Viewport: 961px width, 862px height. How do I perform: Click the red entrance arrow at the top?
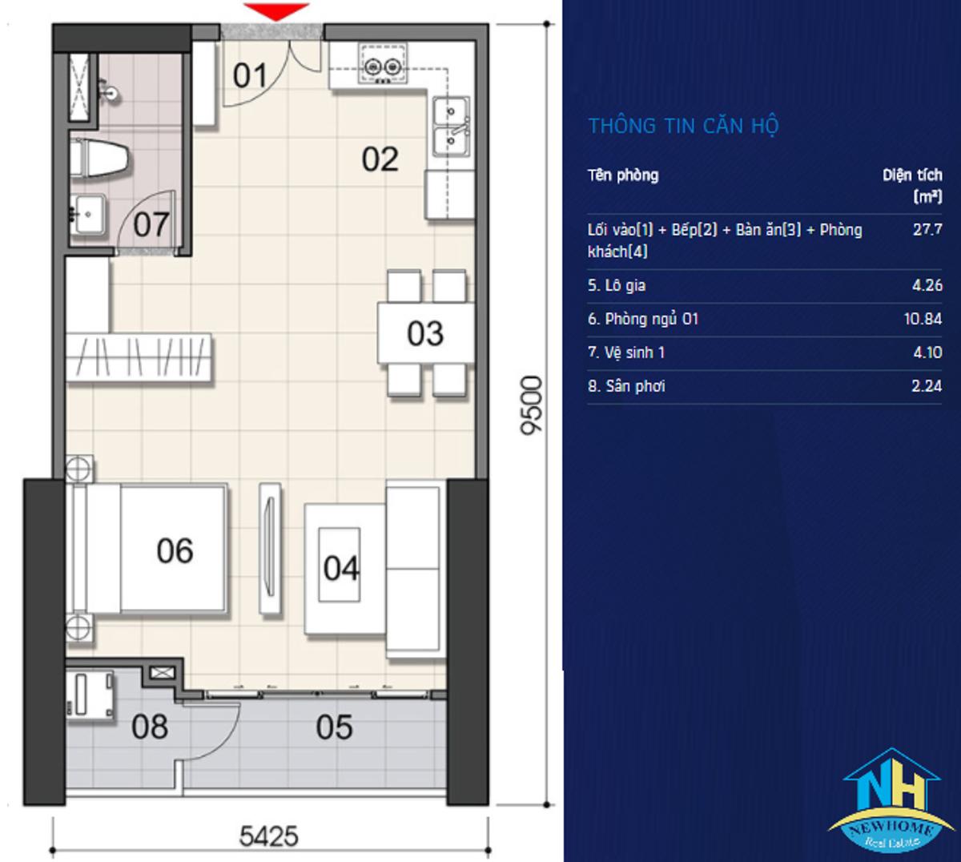(x=276, y=11)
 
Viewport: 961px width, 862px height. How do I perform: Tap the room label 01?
(x=250, y=75)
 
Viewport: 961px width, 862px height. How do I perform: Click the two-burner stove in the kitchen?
(x=383, y=65)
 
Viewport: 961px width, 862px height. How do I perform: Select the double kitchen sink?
(x=452, y=127)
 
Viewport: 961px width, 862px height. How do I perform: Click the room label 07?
(x=151, y=224)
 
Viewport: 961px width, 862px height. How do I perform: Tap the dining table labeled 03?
(x=426, y=333)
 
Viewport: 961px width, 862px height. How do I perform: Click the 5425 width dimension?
(x=269, y=836)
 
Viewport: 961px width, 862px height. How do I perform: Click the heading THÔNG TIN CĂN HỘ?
(x=684, y=127)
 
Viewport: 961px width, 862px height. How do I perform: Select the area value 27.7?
(x=927, y=230)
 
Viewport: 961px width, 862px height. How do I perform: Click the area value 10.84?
(x=923, y=319)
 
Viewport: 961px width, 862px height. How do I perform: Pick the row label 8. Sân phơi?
(x=626, y=386)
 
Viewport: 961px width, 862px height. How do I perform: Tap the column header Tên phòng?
(x=623, y=175)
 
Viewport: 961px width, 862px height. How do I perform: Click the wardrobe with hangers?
(x=139, y=357)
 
